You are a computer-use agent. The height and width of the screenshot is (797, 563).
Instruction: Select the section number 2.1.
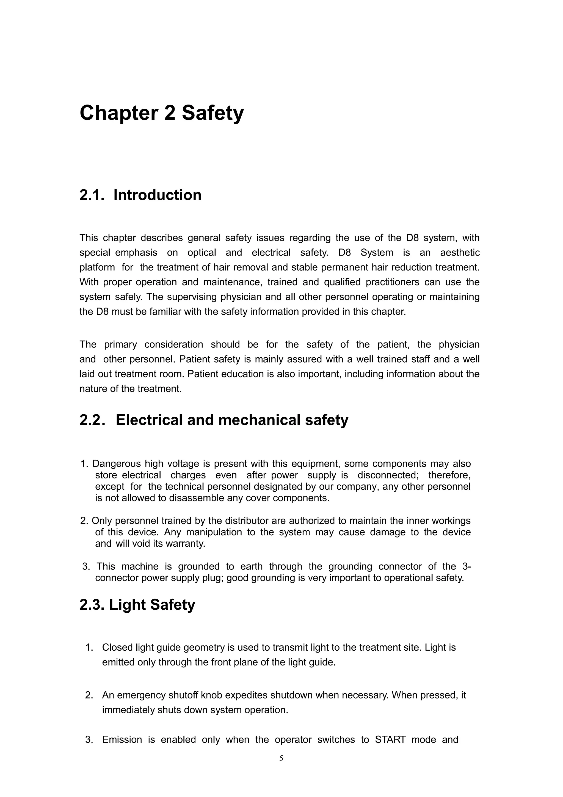tap(92, 195)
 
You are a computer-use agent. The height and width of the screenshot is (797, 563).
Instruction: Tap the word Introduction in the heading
tap(157, 195)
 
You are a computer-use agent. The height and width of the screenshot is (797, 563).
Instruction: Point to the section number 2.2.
tap(92, 420)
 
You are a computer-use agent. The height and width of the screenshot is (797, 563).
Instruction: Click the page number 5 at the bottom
tap(281, 758)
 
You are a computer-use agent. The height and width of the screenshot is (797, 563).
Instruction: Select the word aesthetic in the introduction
tap(460, 253)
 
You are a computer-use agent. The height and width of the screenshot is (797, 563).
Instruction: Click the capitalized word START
tap(390, 740)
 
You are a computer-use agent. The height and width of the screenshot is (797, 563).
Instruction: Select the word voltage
tap(183, 464)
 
